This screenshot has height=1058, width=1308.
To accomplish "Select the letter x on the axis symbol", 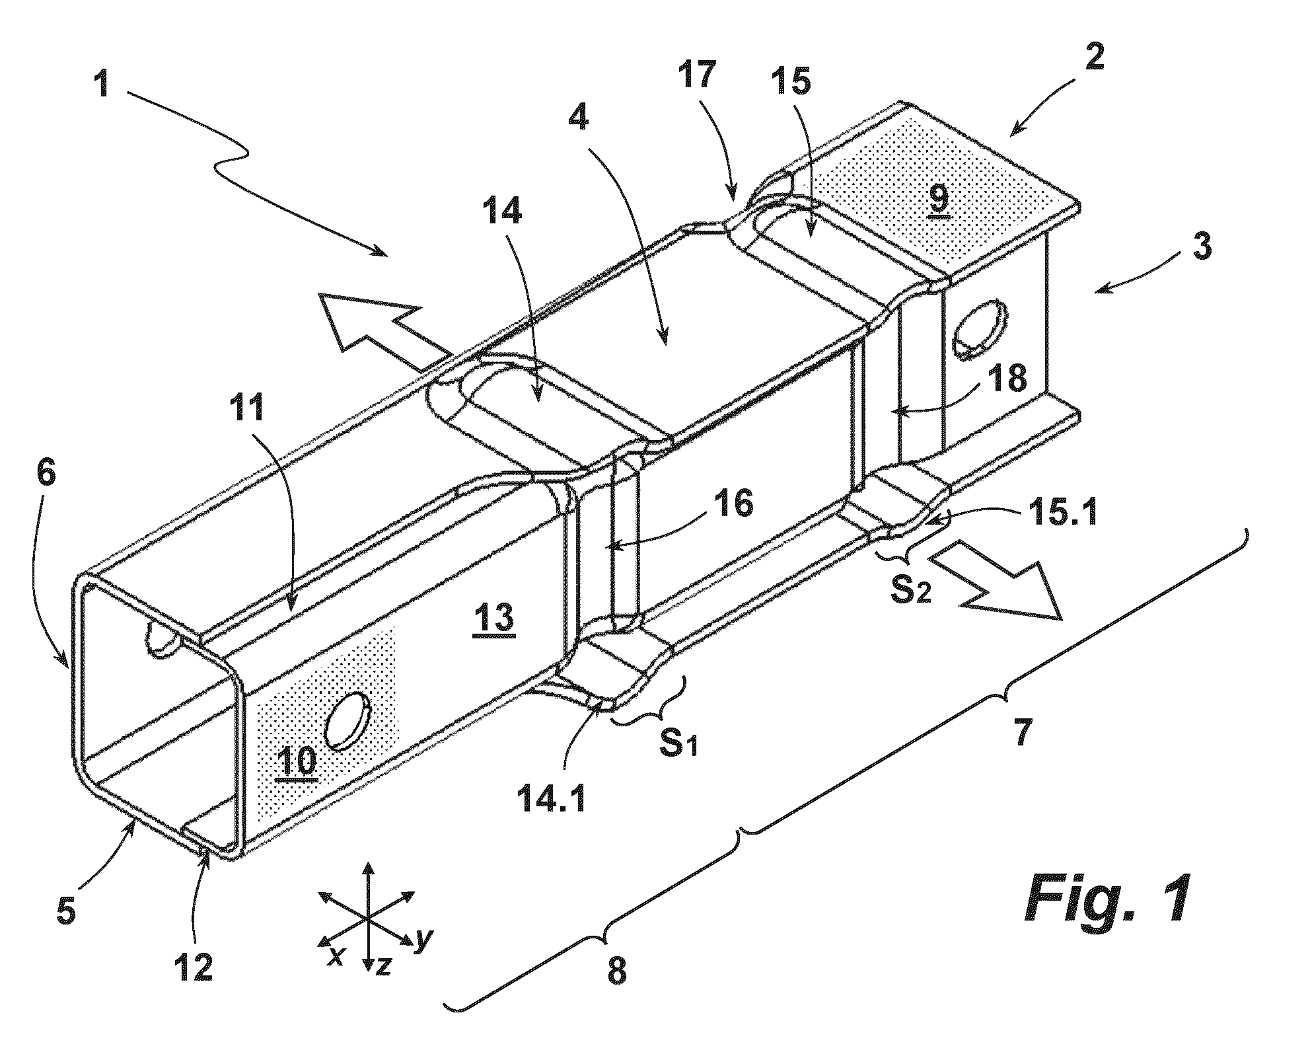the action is pyautogui.click(x=336, y=955).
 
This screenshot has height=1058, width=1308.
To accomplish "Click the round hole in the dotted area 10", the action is pyautogui.click(x=348, y=722).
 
